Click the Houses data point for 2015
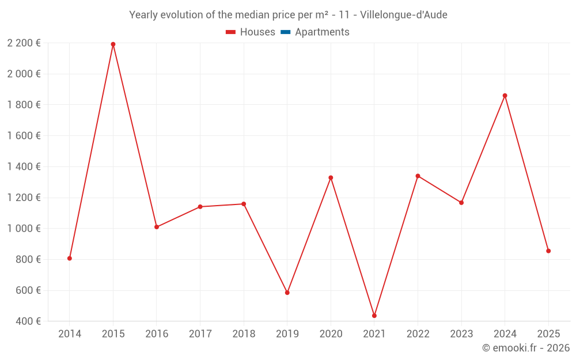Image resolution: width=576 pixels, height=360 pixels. coord(113,44)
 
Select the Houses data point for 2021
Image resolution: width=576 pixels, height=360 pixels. coord(374,316)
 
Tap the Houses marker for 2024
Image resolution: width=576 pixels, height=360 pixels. coord(505,96)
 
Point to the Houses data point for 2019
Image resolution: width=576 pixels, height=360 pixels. coord(287,293)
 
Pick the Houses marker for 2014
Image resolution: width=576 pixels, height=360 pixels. coord(70,258)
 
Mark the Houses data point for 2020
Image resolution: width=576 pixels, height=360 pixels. coord(331,177)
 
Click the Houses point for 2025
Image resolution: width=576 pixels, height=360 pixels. coord(548,251)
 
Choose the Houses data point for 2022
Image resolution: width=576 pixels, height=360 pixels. coord(418,176)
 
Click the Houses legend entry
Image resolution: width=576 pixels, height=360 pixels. coord(251,32)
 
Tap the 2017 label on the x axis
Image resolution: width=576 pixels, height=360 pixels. coord(200,334)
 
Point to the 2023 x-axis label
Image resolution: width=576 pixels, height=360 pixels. coord(461,334)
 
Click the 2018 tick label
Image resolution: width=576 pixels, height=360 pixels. coord(244,334)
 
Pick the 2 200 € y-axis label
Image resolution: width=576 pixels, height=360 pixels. coord(24,43)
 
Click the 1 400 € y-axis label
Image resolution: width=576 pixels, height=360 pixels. coord(24,166)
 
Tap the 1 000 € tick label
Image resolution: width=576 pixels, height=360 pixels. coord(24,228)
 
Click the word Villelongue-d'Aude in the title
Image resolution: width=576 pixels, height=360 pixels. coord(403,15)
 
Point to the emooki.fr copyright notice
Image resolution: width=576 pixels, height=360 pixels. coord(526,348)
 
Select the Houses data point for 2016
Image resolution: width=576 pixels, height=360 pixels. coord(157,227)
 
